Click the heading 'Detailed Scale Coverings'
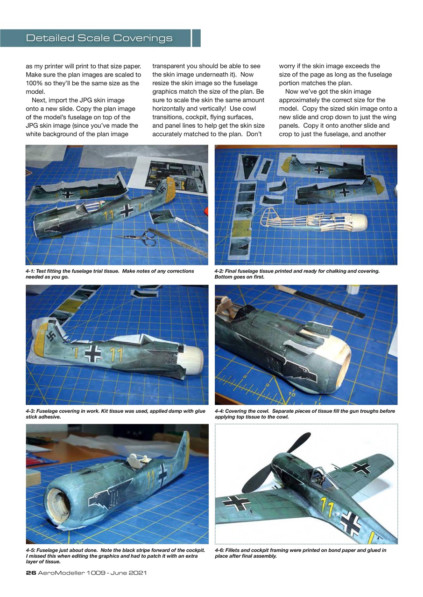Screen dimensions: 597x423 click(99, 38)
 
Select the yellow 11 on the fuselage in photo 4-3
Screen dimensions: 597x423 click(114, 355)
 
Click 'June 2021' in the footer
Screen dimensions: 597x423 click(128, 572)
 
